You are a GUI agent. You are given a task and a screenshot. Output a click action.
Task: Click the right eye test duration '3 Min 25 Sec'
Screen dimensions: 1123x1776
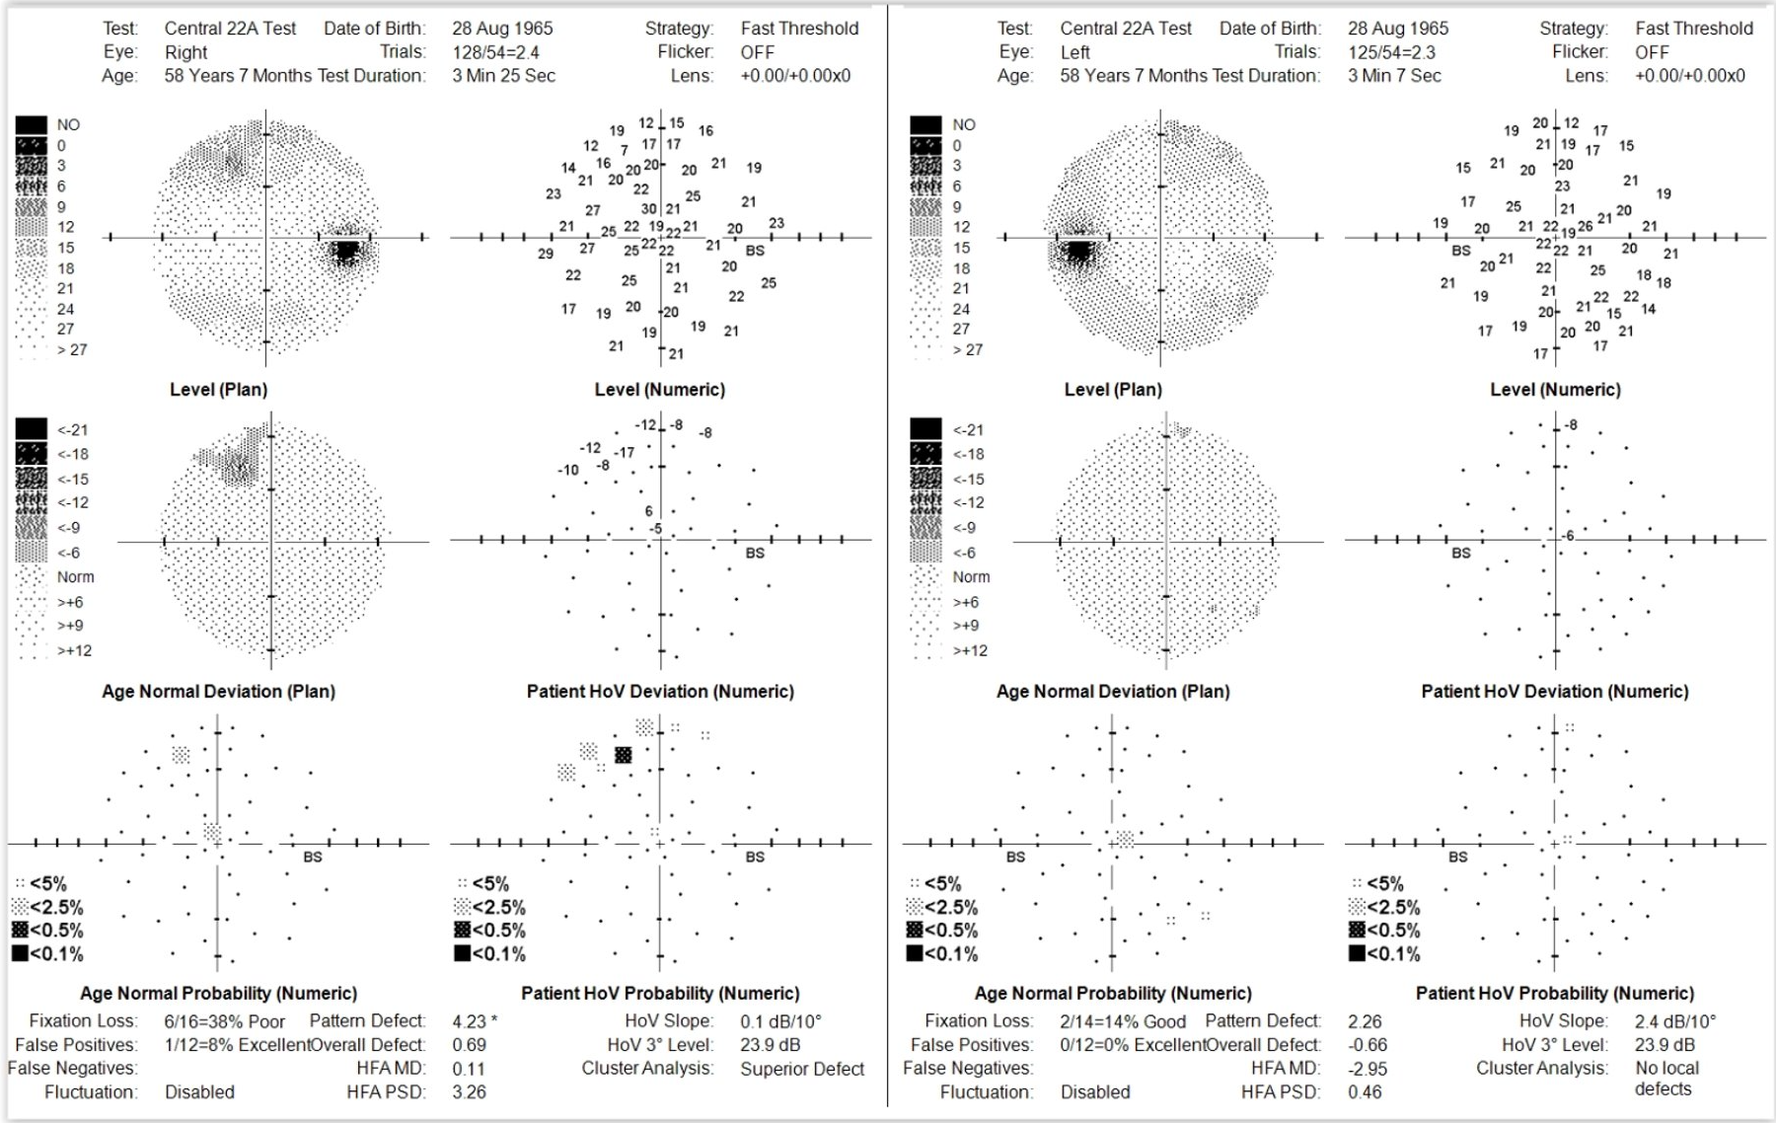[x=503, y=76]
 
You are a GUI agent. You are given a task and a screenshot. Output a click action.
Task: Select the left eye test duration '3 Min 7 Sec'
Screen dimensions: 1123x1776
[x=1394, y=76]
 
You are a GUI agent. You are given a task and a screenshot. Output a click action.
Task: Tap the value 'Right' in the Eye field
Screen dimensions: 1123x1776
[x=185, y=52]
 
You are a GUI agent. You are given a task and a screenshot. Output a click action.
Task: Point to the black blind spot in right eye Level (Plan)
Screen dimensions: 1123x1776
[x=346, y=252]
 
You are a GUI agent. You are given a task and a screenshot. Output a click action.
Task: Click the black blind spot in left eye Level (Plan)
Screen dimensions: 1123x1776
[x=1078, y=252]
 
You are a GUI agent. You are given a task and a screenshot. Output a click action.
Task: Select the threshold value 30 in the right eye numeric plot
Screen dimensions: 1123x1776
[x=648, y=209]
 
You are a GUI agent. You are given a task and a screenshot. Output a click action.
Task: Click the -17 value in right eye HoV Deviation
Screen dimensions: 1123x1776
[x=625, y=452]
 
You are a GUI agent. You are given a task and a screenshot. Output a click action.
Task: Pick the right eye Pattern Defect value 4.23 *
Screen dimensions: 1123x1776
[x=475, y=1021]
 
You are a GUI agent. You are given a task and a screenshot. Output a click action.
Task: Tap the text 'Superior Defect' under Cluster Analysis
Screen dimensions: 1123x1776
[x=802, y=1069]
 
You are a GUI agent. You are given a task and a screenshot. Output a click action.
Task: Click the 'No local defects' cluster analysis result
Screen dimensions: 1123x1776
[x=1665, y=1079]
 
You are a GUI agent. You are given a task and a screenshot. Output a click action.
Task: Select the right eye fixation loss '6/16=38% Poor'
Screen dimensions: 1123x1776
[x=224, y=1021]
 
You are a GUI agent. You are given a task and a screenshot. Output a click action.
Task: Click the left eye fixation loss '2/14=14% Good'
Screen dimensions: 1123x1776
[x=1123, y=1021]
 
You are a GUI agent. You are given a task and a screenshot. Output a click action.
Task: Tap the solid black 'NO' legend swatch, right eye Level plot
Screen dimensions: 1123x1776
[x=31, y=125]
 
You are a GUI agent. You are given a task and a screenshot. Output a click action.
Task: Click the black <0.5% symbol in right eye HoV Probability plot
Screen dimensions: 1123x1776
[x=623, y=755]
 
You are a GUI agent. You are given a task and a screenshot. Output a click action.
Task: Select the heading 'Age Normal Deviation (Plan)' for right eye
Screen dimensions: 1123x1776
[x=218, y=692]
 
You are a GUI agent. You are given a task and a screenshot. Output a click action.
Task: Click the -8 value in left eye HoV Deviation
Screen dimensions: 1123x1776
[x=1571, y=425]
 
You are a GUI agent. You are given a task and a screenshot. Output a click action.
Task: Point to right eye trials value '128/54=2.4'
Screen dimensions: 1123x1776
[x=495, y=52]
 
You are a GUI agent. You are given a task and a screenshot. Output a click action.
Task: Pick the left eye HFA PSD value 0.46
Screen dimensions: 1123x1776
[x=1365, y=1092]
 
